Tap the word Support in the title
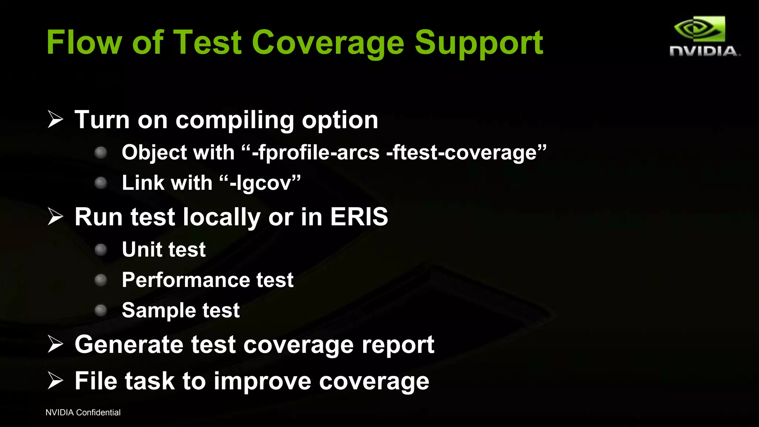[x=478, y=44]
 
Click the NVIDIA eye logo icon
[x=699, y=29]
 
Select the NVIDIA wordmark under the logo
[x=704, y=51]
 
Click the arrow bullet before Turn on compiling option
[x=56, y=119]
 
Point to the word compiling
[x=235, y=120]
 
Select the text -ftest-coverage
[x=461, y=152]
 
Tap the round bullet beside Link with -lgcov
[x=101, y=183]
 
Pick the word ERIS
[x=359, y=216]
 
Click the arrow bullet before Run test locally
[x=56, y=216]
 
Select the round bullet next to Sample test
[x=101, y=310]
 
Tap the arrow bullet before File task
[x=56, y=381]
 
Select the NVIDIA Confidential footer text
[x=83, y=413]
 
